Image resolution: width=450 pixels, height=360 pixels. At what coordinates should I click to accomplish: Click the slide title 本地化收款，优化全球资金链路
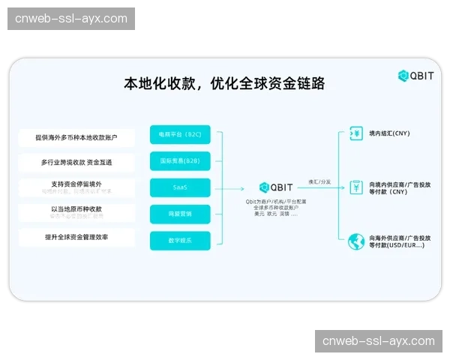click(x=224, y=83)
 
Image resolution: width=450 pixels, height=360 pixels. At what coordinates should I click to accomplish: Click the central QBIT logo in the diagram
click(x=275, y=187)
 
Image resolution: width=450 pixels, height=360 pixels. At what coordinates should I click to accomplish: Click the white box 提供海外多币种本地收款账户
click(x=76, y=137)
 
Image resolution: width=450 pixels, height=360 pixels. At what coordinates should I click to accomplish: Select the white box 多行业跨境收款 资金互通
click(x=76, y=162)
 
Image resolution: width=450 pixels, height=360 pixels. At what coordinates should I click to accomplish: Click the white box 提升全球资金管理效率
click(x=76, y=238)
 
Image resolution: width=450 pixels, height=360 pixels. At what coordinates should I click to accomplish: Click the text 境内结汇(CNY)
click(x=390, y=133)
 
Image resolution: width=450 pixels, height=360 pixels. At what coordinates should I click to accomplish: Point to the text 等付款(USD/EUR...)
click(x=396, y=246)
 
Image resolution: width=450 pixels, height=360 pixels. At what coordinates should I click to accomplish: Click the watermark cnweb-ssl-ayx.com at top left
click(x=72, y=18)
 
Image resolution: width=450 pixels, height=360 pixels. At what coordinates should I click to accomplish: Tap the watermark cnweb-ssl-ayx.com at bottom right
click(x=378, y=341)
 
